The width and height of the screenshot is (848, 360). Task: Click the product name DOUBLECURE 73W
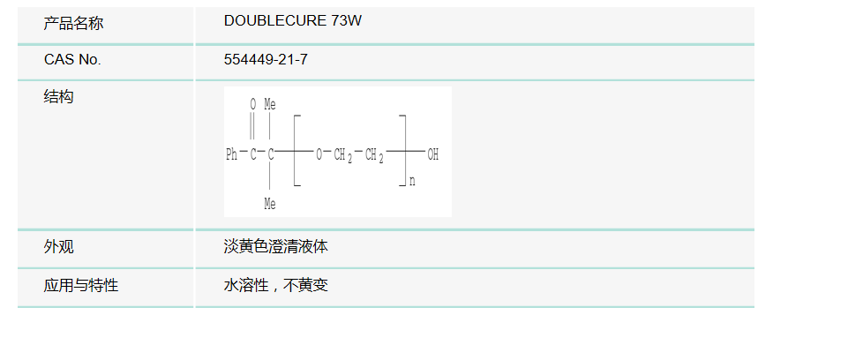(x=293, y=21)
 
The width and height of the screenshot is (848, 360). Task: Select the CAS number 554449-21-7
(x=266, y=60)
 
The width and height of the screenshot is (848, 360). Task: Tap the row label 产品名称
(x=73, y=23)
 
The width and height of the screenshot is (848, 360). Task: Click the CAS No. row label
(x=72, y=60)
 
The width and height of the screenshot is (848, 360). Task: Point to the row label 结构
(x=58, y=97)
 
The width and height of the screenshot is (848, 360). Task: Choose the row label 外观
(x=58, y=247)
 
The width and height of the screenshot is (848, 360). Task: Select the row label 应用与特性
(x=80, y=286)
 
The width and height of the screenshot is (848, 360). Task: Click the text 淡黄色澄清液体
(x=276, y=247)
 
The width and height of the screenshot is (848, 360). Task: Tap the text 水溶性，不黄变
(x=276, y=286)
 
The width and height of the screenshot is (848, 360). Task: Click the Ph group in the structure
(x=231, y=155)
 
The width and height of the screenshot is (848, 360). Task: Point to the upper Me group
(x=270, y=104)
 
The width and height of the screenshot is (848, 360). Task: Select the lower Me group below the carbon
(x=270, y=205)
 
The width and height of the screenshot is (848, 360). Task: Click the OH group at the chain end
(x=432, y=155)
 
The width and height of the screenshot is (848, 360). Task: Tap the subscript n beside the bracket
(x=412, y=183)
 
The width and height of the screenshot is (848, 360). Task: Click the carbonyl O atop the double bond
(x=252, y=104)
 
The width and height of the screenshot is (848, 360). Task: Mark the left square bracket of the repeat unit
(x=297, y=150)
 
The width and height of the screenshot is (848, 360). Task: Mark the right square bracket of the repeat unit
(x=402, y=150)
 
